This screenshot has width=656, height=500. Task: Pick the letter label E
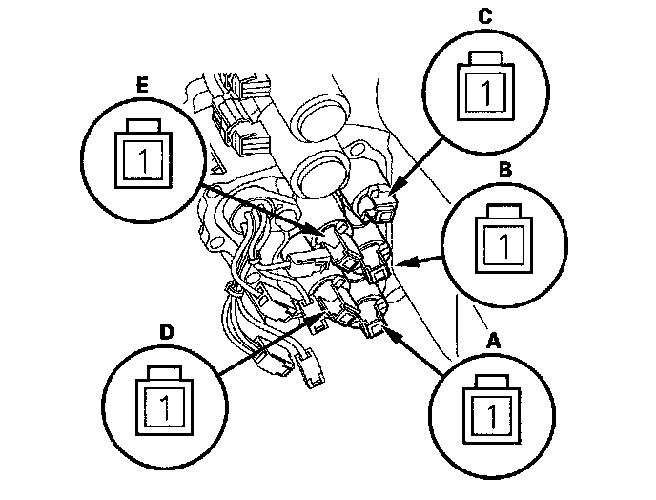[142, 84]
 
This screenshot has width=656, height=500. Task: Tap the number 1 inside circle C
[485, 93]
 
